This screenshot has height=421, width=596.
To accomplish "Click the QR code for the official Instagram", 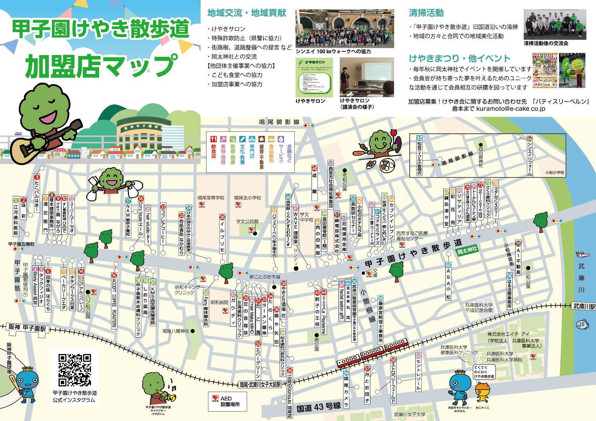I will pyautogui.click(x=75, y=370).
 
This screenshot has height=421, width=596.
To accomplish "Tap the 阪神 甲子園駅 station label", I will pyautogui.click(x=27, y=328).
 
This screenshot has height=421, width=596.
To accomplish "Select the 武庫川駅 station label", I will pyautogui.click(x=584, y=306).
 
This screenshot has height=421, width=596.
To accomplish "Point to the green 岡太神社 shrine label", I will pyautogui.click(x=467, y=251).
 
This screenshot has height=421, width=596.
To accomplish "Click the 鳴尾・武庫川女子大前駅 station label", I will pyautogui.click(x=260, y=385).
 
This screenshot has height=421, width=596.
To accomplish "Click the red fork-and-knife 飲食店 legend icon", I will pyautogui.click(x=213, y=139).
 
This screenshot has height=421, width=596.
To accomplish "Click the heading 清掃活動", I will pyautogui.click(x=426, y=13).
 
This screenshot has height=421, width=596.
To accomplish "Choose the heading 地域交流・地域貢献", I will pyautogui.click(x=247, y=13).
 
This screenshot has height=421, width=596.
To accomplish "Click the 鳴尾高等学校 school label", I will pyautogui.click(x=211, y=198).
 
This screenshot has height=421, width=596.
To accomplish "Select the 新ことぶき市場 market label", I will pyautogui.click(x=265, y=277).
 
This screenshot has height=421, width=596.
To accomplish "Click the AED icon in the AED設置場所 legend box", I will pyautogui.click(x=216, y=398).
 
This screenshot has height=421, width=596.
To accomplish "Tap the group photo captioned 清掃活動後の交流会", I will pyautogui.click(x=555, y=24).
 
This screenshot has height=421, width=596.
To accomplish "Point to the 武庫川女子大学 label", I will pyautogui.click(x=410, y=415).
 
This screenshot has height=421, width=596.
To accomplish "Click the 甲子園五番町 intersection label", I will pyautogui.click(x=21, y=244).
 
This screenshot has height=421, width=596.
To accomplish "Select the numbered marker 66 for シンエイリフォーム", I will pyautogui.click(x=529, y=139).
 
